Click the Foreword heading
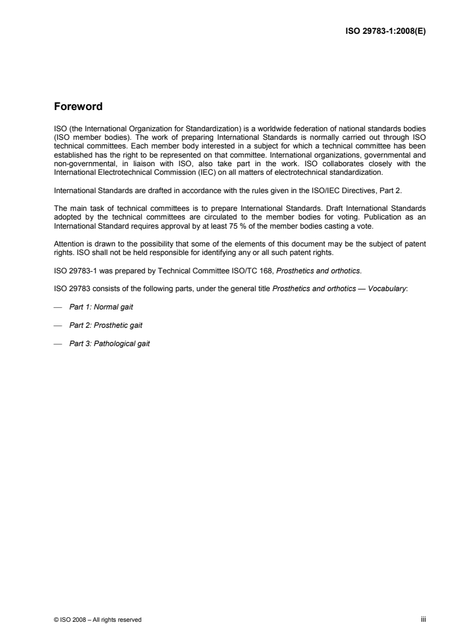click(x=78, y=107)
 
